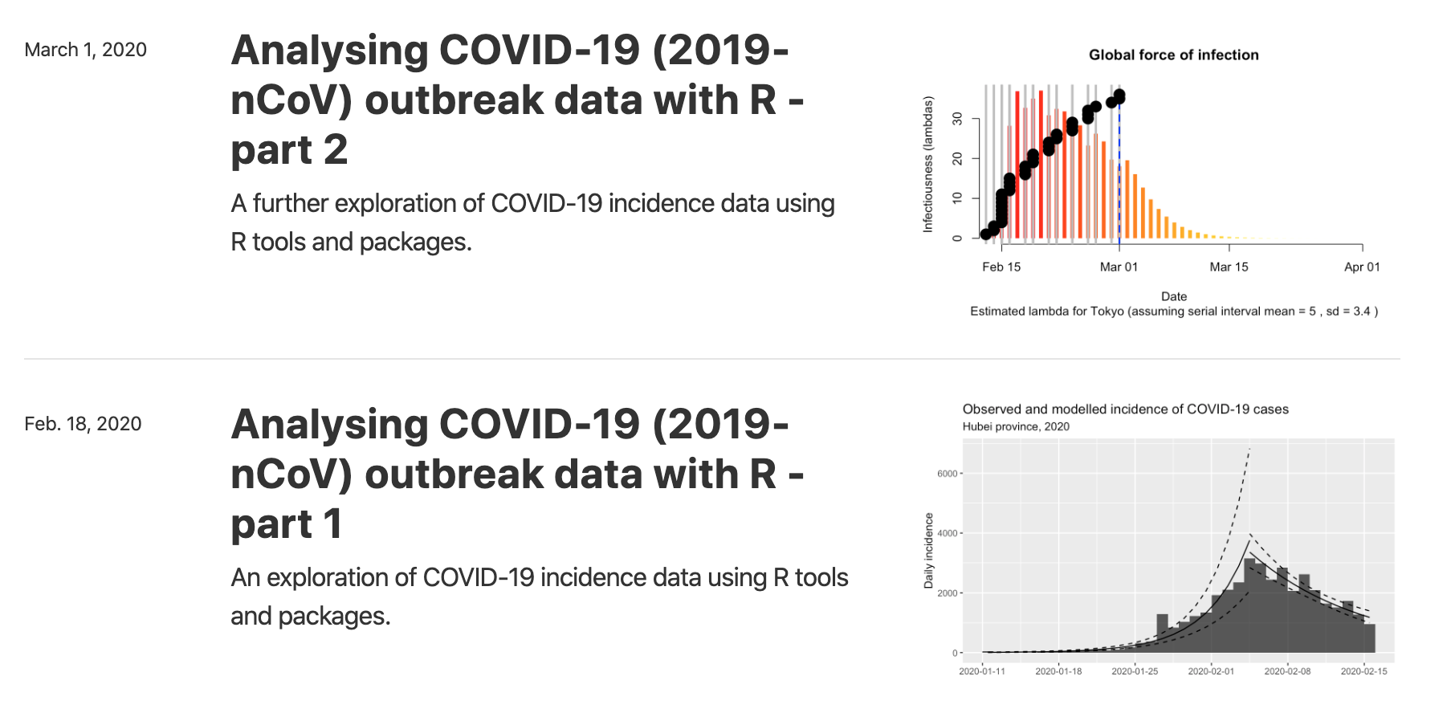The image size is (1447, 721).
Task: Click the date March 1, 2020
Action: click(85, 50)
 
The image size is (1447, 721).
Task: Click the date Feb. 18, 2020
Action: click(83, 424)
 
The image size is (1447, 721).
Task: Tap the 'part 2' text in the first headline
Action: click(289, 150)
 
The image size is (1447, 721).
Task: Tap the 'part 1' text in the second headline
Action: click(286, 524)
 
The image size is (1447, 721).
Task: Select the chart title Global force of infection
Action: click(1173, 55)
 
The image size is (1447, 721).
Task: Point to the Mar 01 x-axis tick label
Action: click(1119, 267)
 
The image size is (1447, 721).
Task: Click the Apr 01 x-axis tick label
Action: click(1362, 267)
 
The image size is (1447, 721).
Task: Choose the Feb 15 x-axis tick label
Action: click(1001, 267)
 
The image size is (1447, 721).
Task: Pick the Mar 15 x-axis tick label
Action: click(1229, 267)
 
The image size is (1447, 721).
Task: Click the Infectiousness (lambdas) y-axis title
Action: click(928, 165)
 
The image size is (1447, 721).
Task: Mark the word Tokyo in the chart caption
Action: click(1107, 312)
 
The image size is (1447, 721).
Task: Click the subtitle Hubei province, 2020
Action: click(1016, 426)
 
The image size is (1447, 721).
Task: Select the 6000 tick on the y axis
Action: click(948, 474)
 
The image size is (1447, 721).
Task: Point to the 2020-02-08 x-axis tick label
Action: click(1287, 671)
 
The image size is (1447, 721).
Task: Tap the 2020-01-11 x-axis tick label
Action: click(982, 671)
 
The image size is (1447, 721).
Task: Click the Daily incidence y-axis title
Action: click(928, 551)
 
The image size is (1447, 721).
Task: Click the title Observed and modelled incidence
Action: click(1125, 409)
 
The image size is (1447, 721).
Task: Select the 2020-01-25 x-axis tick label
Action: click(1135, 671)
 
